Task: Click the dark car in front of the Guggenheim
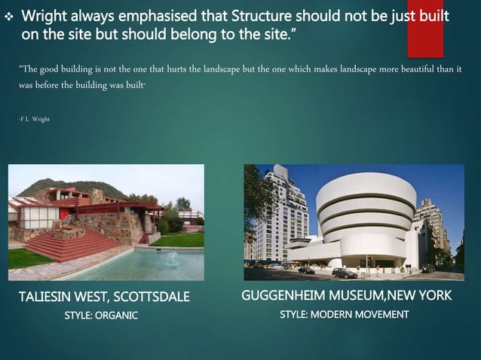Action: coord(344,273)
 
